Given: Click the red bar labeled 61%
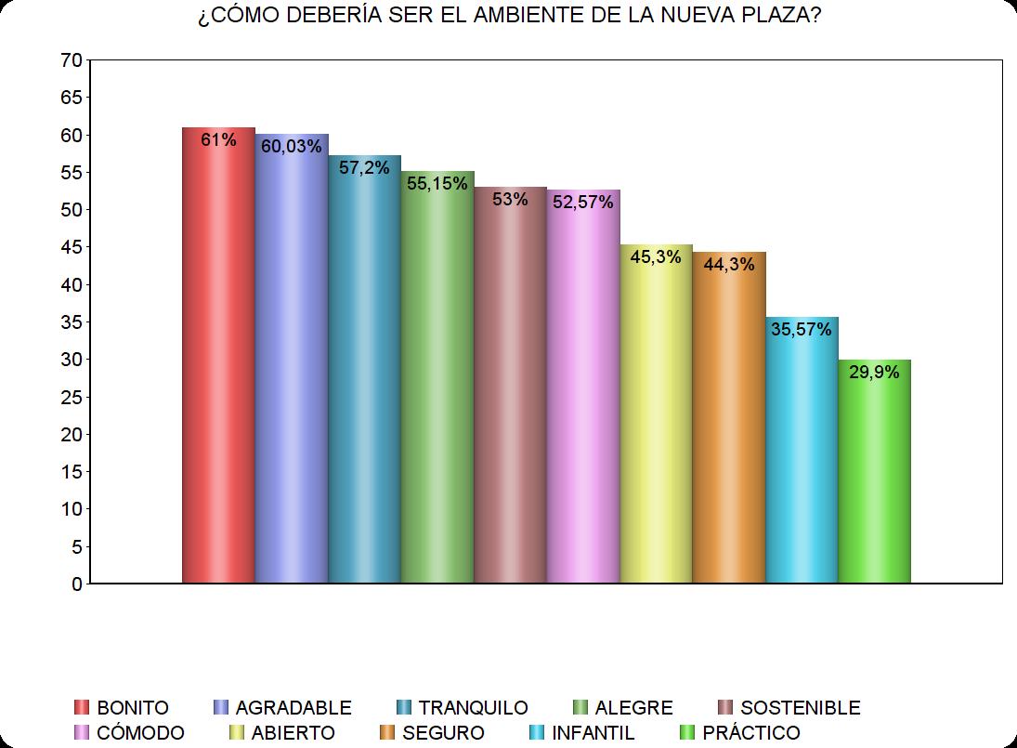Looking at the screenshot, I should [x=218, y=362].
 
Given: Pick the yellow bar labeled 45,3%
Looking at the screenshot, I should [x=656, y=418].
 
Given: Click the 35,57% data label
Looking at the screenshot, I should [x=802, y=328].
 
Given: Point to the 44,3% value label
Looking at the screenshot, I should [x=729, y=263].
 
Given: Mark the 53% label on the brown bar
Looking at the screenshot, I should [x=510, y=198].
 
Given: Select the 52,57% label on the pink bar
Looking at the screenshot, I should [x=583, y=202].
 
